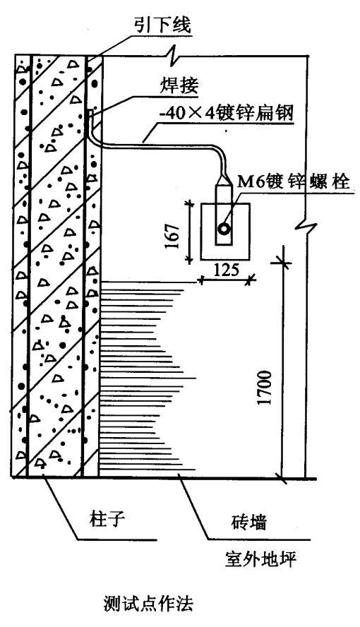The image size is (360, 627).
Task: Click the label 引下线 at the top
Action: click(162, 25)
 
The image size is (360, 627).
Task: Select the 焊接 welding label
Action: click(179, 85)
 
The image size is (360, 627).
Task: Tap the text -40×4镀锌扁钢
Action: click(226, 113)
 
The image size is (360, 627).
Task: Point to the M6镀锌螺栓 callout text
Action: click(294, 182)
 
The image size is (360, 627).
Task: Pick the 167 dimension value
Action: click(173, 236)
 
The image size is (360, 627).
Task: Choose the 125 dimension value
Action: click(226, 270)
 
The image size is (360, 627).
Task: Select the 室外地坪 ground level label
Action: click(260, 559)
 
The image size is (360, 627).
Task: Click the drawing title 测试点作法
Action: click(148, 603)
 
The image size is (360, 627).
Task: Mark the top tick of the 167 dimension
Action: click(189, 204)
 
